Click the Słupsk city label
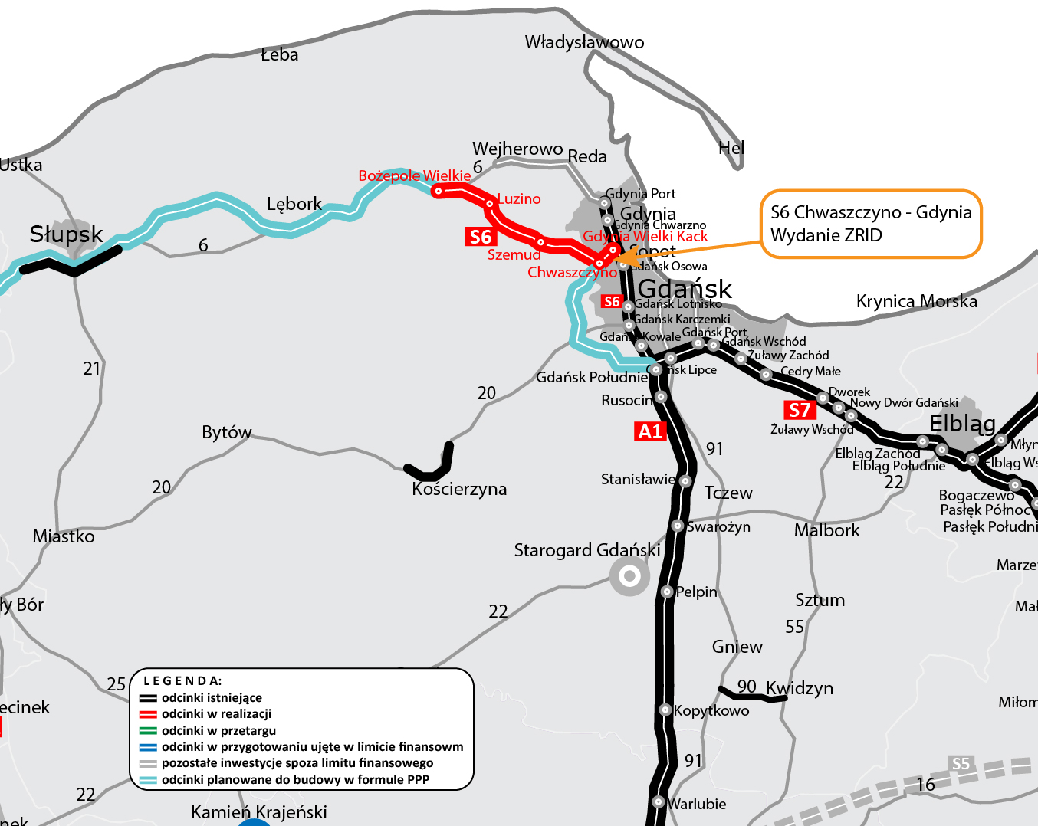coord(66,234)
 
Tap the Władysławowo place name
coord(584,42)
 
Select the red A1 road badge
coord(649,431)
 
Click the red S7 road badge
coord(799,410)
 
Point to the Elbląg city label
coord(962,423)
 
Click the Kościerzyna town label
coord(459,489)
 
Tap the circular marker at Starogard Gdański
coord(629,575)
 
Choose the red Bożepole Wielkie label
coord(414,175)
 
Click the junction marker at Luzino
coord(489,203)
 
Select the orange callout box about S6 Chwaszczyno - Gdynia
coord(871,224)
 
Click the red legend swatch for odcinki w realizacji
coord(148,714)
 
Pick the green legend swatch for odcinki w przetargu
coord(148,731)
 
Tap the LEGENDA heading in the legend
coord(182,680)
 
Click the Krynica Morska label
coord(916,301)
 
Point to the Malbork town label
coord(826,530)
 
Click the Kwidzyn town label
coord(799,688)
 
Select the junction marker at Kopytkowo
coord(665,710)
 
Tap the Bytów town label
coord(226,432)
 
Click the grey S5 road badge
coord(961,763)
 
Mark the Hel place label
coord(731,148)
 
